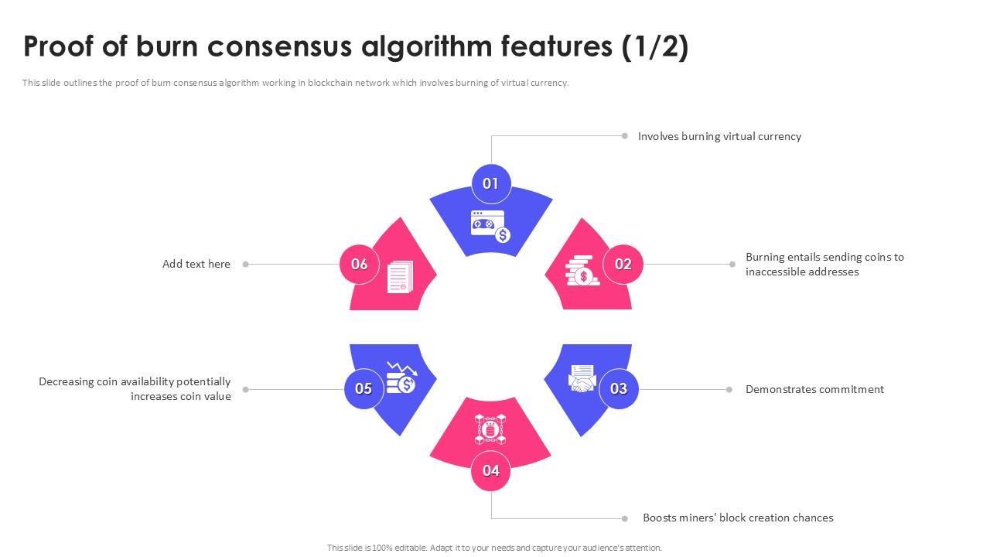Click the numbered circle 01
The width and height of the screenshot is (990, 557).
(491, 184)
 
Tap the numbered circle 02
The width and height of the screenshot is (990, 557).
(623, 264)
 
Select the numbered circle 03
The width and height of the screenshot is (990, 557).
(619, 389)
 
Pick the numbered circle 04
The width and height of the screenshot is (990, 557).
(491, 470)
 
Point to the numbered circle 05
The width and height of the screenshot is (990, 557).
(364, 389)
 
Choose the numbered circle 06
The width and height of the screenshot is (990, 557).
(360, 264)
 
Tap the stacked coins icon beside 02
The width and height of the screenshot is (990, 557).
(580, 271)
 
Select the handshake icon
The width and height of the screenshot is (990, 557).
(582, 378)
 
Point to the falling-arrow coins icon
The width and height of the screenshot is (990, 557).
(401, 378)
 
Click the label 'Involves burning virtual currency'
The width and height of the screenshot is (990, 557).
(719, 136)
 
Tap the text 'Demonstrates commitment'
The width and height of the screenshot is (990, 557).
(814, 389)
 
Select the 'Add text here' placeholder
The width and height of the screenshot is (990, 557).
(196, 264)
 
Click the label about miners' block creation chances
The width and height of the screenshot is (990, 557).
(738, 518)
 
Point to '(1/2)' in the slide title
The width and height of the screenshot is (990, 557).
(654, 47)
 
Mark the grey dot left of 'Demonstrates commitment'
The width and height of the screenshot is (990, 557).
(729, 389)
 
